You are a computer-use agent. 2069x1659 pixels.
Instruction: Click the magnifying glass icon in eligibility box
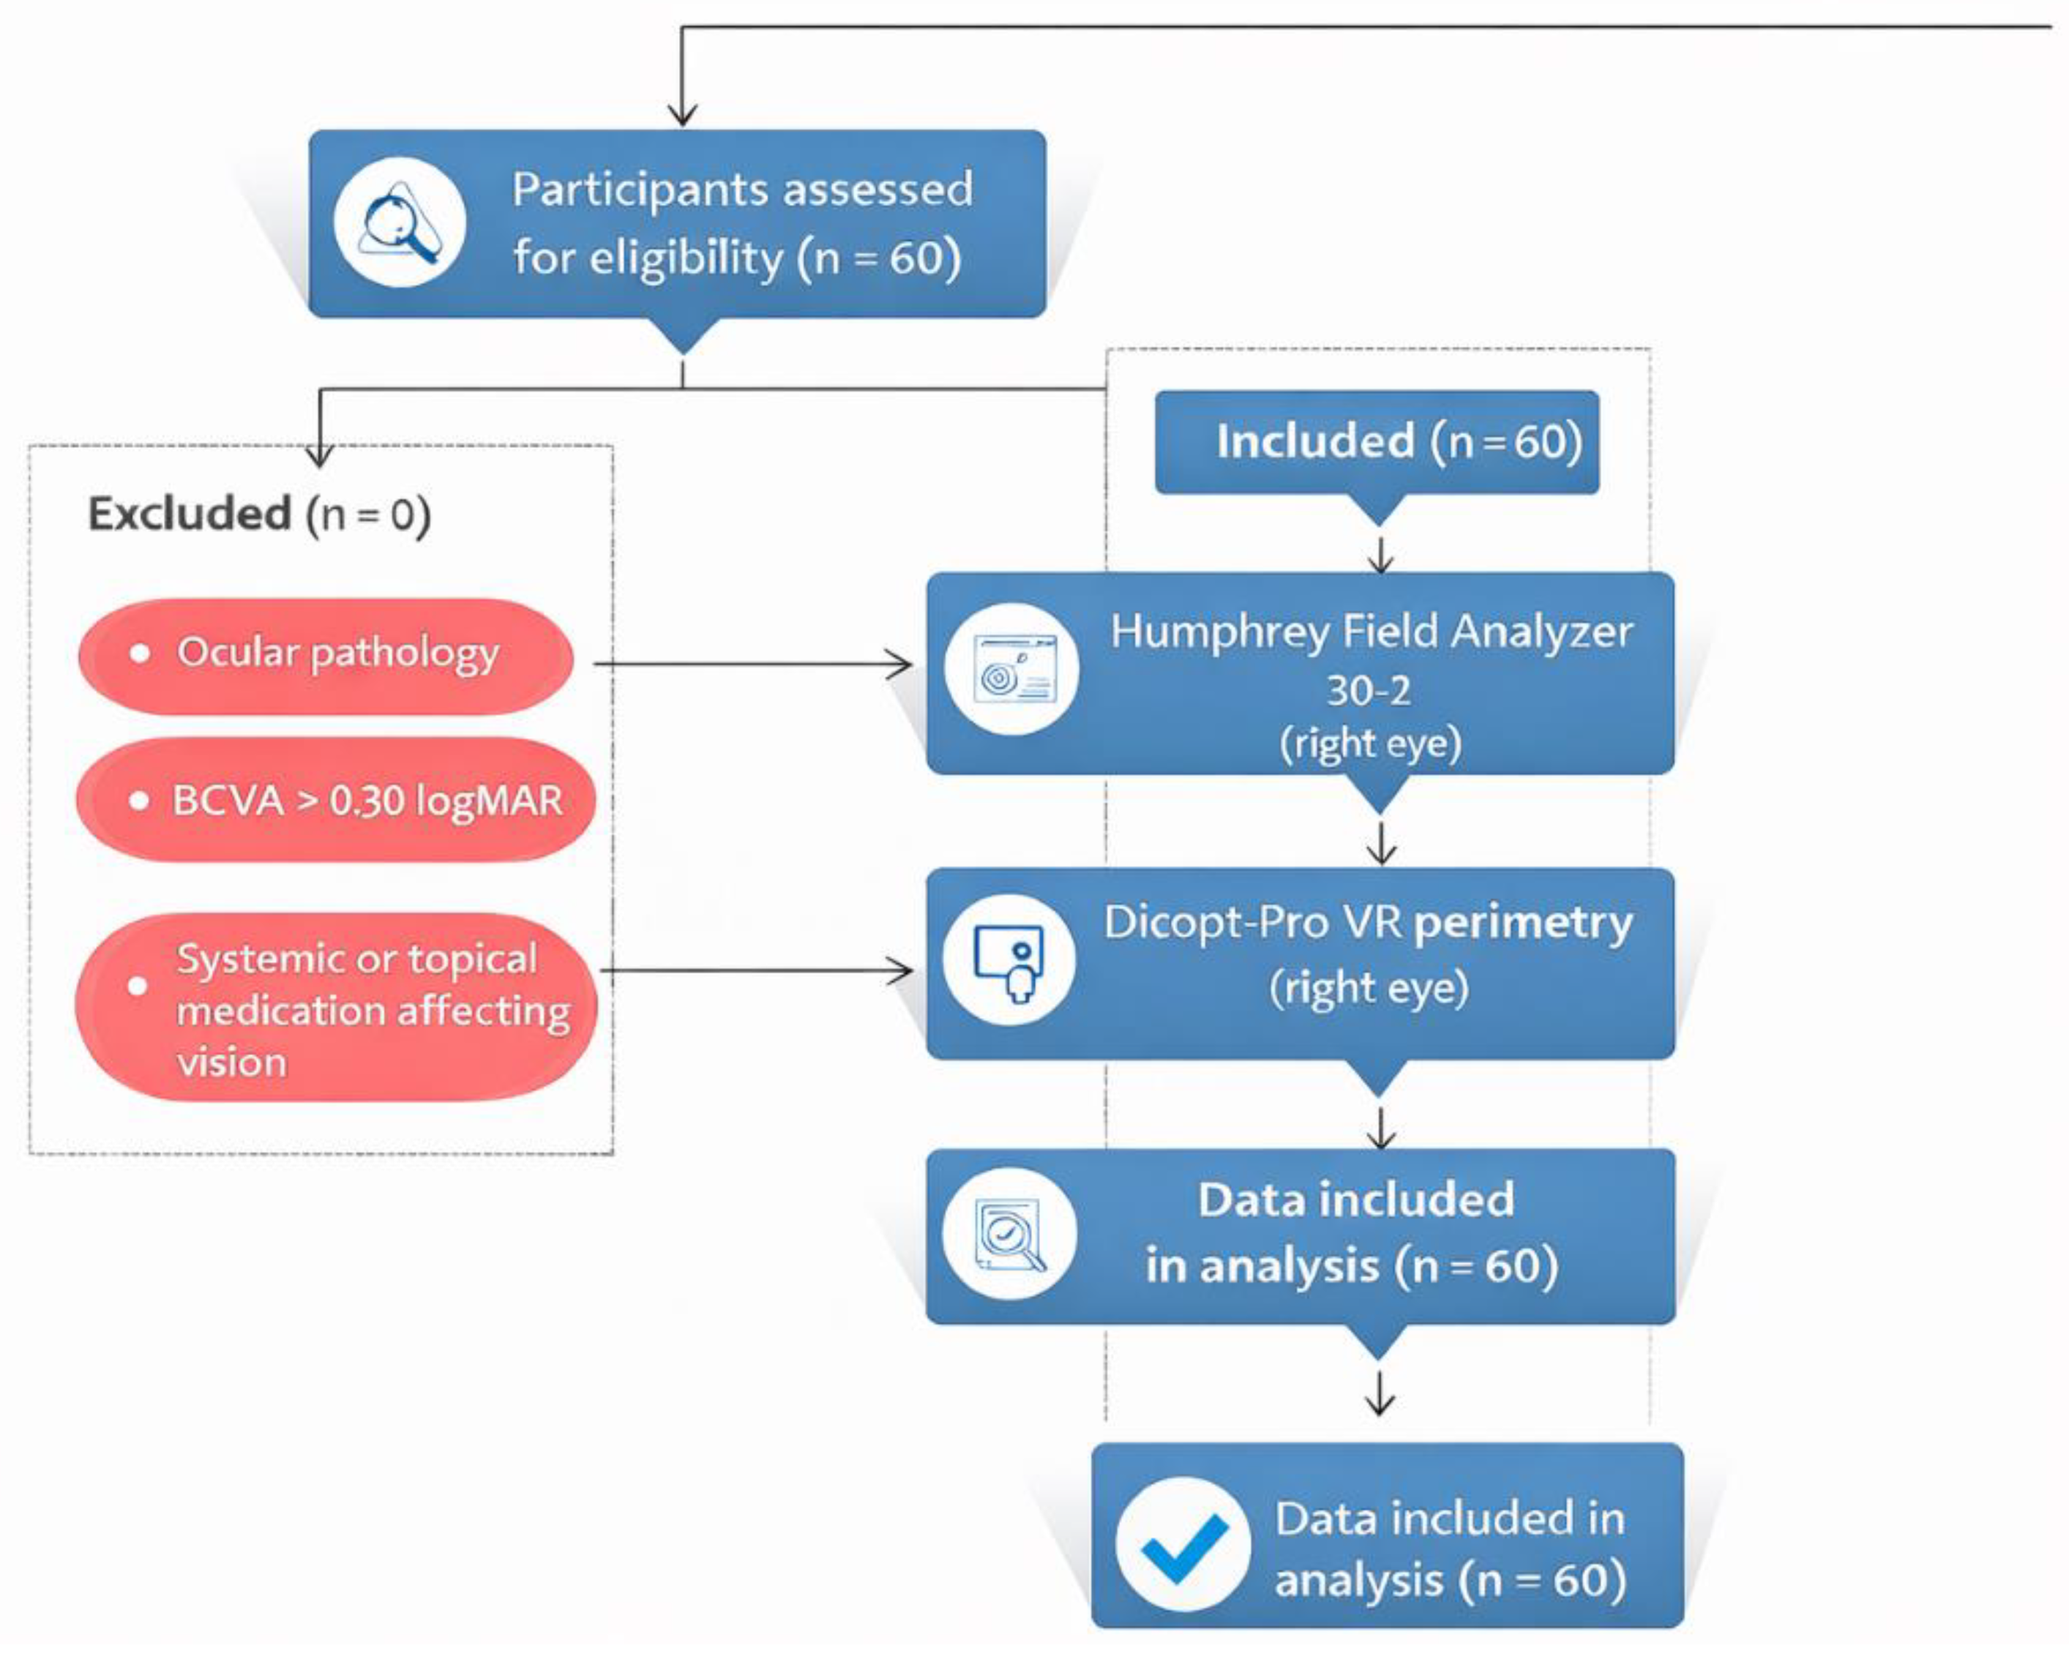[400, 222]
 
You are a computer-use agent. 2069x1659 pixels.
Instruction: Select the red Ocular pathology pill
[326, 656]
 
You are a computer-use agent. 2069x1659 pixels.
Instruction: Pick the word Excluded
[189, 514]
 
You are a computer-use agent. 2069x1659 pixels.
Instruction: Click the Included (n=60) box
[1376, 441]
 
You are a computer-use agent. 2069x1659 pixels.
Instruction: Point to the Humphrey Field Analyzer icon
[1011, 670]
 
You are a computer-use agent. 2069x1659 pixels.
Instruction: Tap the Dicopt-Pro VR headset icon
[1009, 960]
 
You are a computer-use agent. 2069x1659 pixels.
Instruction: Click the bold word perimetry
[1523, 923]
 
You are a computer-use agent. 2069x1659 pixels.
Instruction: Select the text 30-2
[1369, 690]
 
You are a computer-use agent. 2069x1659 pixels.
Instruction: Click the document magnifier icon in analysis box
[1009, 1234]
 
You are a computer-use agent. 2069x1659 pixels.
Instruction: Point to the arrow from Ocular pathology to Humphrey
[752, 664]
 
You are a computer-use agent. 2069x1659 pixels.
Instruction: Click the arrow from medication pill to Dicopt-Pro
[756, 970]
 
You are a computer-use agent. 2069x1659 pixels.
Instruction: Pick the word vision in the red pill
[231, 1062]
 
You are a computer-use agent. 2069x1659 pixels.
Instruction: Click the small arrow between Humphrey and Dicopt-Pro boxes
[1380, 844]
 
